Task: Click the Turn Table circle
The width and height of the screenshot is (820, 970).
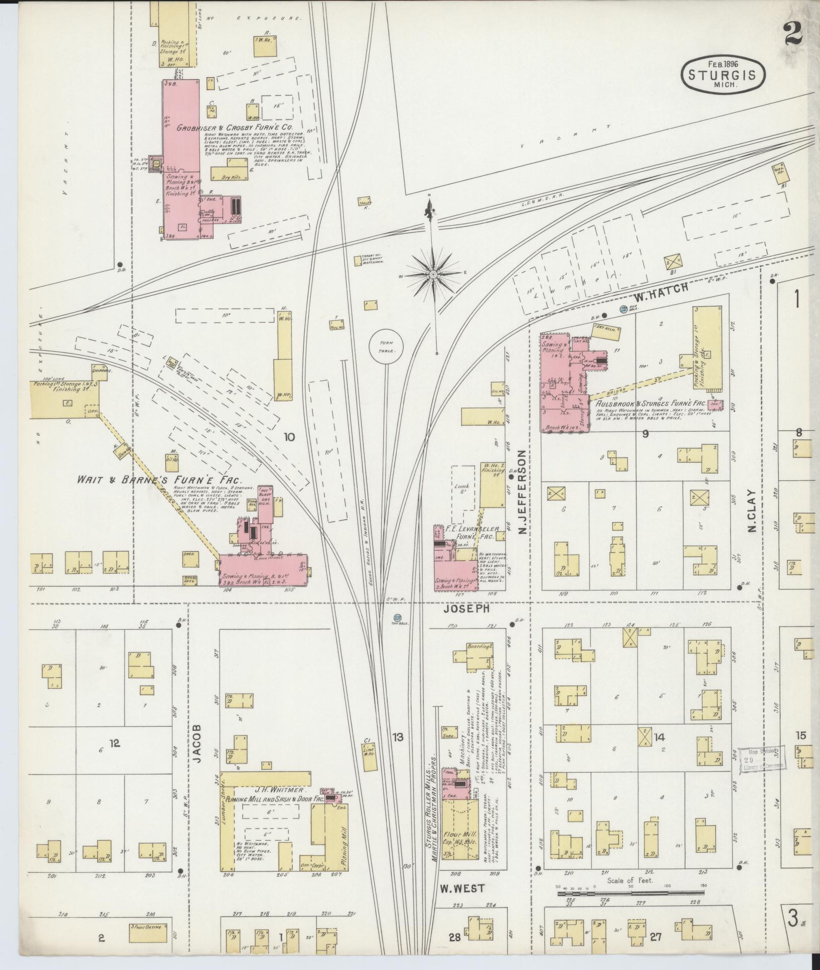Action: [385, 346]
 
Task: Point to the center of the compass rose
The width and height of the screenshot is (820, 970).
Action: [433, 274]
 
